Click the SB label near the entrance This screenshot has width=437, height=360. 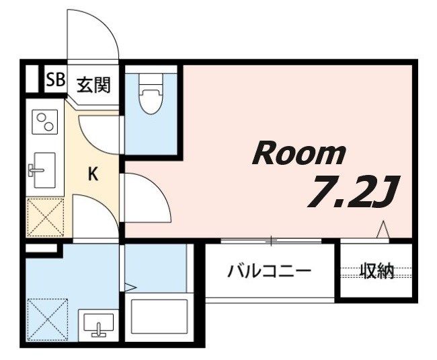click(x=54, y=79)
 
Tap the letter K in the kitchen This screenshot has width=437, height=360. click(x=93, y=174)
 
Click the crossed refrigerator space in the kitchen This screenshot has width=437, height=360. click(x=45, y=217)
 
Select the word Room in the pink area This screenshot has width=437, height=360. click(x=299, y=155)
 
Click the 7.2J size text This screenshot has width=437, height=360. click(x=352, y=192)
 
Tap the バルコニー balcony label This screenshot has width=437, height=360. click(x=269, y=272)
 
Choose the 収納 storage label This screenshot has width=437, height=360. click(x=376, y=272)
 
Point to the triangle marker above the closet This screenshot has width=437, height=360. click(x=383, y=230)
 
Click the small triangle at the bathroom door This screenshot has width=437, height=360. click(x=130, y=287)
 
